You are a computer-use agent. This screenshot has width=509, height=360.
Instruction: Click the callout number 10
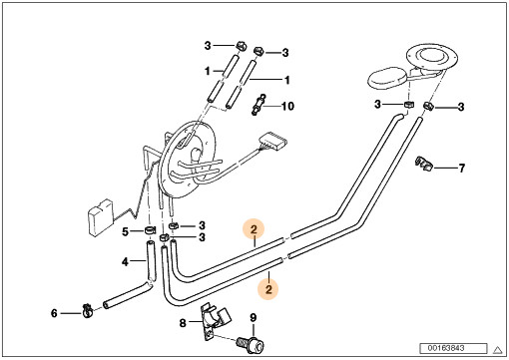(287, 106)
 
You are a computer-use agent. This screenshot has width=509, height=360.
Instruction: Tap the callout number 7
(461, 168)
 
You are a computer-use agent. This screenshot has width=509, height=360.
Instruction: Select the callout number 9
(254, 318)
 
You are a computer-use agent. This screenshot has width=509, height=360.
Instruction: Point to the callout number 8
(183, 322)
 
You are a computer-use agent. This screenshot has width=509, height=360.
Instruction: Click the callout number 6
(54, 313)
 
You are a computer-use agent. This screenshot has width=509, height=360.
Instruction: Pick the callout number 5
(125, 231)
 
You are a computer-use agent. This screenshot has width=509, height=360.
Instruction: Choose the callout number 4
(125, 262)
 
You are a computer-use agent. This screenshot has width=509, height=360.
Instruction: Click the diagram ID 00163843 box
(453, 348)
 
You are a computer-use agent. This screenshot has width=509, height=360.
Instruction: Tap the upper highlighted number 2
(254, 229)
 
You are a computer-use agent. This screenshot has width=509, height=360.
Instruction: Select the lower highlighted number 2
(268, 289)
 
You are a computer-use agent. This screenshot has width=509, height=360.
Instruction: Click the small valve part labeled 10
(258, 105)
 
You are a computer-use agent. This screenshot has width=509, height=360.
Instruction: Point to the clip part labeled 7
(424, 163)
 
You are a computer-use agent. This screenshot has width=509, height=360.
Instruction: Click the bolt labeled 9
(252, 345)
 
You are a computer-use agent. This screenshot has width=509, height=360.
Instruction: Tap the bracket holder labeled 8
(214, 320)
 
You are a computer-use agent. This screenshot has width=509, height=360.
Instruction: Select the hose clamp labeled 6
(88, 311)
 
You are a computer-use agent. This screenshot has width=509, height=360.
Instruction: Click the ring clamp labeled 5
(150, 230)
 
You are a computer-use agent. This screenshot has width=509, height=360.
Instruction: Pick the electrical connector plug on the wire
(272, 142)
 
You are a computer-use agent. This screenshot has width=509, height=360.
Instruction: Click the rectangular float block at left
(100, 218)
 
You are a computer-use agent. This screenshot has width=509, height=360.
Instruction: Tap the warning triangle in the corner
(498, 350)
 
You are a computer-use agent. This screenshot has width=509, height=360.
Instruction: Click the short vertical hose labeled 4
(150, 262)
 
